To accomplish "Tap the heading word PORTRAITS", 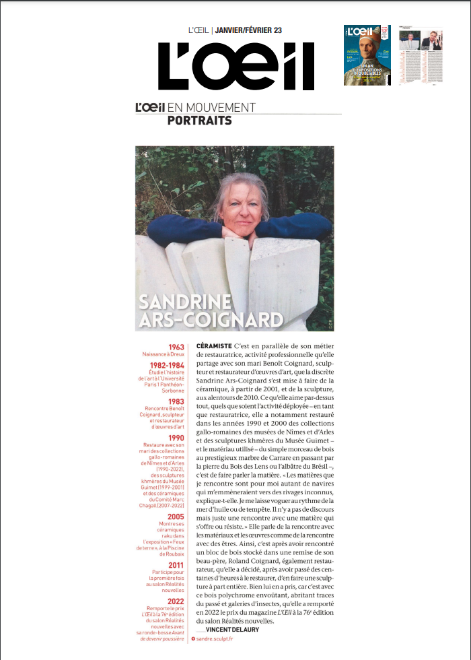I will [199, 121].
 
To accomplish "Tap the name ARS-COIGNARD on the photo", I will [210, 319].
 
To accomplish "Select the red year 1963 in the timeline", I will [176, 348].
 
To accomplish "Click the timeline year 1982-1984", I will [166, 366].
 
